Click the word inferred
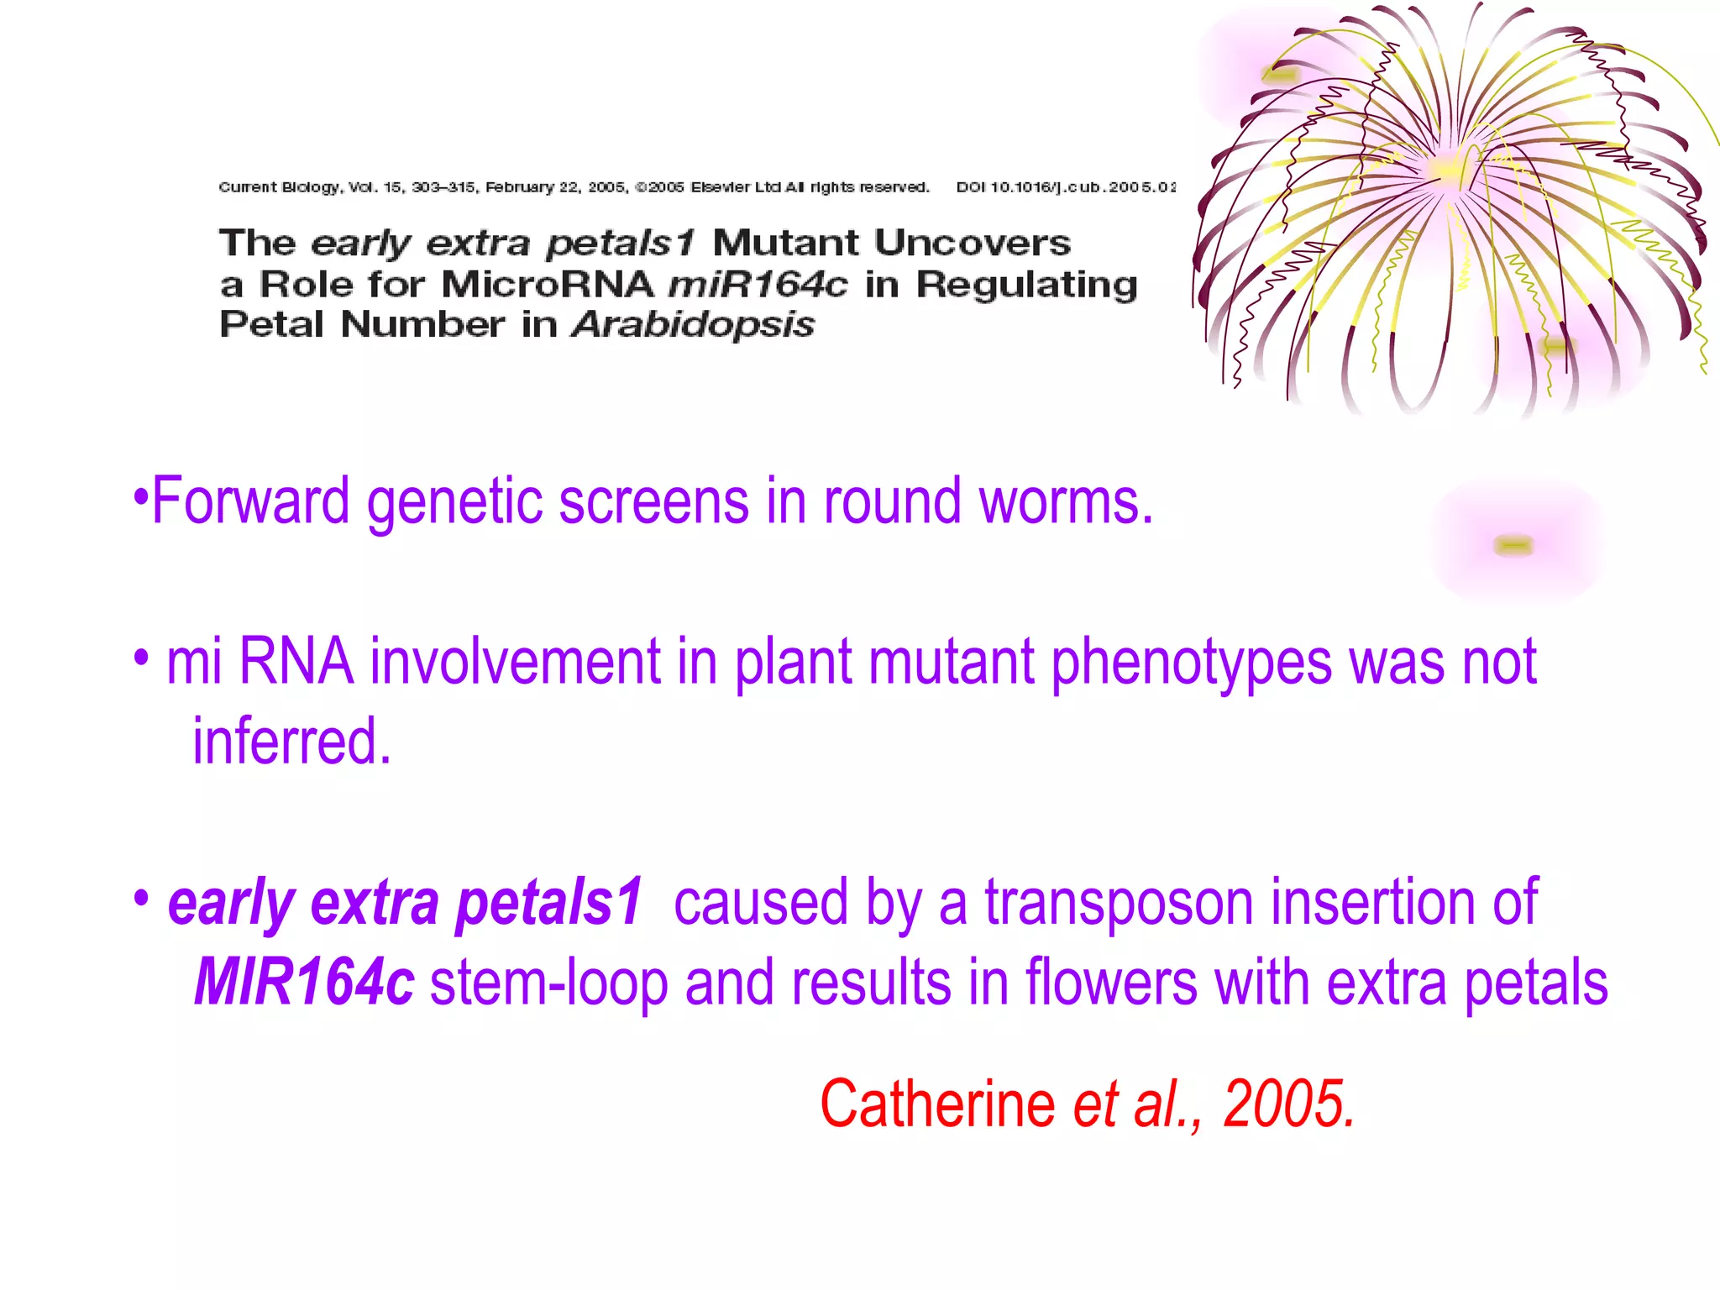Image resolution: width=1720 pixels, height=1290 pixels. (291, 742)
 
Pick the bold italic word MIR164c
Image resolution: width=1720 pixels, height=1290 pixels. (304, 982)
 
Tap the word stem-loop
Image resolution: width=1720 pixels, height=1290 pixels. (548, 982)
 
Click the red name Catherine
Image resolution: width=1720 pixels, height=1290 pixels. (937, 1104)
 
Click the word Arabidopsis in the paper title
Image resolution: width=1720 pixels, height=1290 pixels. (693, 325)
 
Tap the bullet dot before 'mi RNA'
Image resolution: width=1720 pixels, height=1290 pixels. (141, 656)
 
